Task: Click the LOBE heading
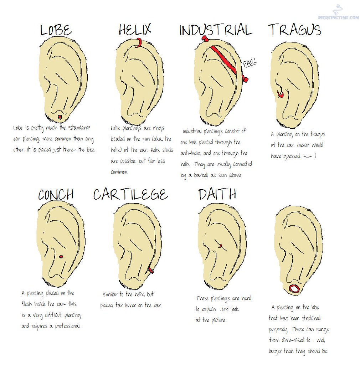pos(56,30)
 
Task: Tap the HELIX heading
pos(135,29)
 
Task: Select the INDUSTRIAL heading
pos(216,30)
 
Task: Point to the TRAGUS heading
pos(295,30)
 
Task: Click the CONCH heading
pos(56,195)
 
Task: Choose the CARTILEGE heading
pos(130,194)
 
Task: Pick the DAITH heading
pos(217,194)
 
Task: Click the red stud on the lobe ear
pos(60,117)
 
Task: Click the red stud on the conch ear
pos(61,257)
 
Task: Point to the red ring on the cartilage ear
pos(150,270)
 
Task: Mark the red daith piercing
pos(220,245)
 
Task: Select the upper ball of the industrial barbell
pos(205,38)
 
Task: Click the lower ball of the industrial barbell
pos(245,79)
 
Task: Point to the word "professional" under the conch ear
pos(68,326)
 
